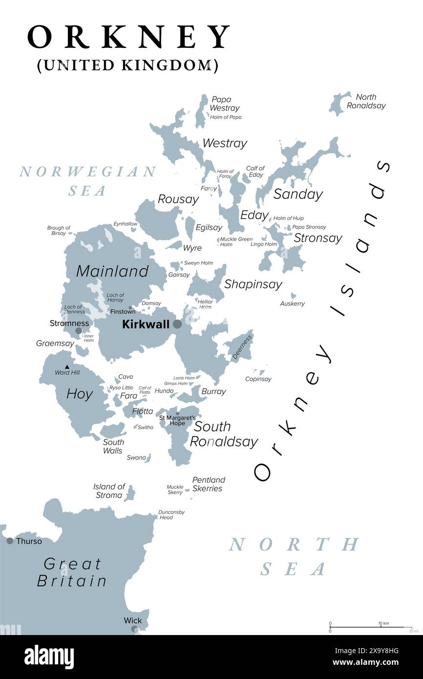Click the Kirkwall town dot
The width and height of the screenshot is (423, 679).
click(177, 324)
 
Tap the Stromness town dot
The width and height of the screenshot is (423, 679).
click(79, 331)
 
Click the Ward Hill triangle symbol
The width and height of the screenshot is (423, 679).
click(67, 367)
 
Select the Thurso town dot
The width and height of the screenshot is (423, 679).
click(10, 541)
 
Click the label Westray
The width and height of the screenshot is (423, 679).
click(225, 143)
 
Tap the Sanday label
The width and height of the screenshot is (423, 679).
click(298, 194)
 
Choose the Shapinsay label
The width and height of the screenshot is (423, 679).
click(253, 284)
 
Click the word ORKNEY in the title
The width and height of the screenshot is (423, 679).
click(129, 37)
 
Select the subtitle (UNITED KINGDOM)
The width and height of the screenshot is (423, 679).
click(128, 65)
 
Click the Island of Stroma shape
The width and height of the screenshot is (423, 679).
click(130, 494)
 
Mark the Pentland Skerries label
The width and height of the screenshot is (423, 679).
click(208, 484)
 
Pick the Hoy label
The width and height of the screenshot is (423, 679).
click(80, 394)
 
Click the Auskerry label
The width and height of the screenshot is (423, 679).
click(292, 303)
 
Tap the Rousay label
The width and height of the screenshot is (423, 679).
click(178, 199)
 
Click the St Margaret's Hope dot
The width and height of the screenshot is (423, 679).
click(177, 413)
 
